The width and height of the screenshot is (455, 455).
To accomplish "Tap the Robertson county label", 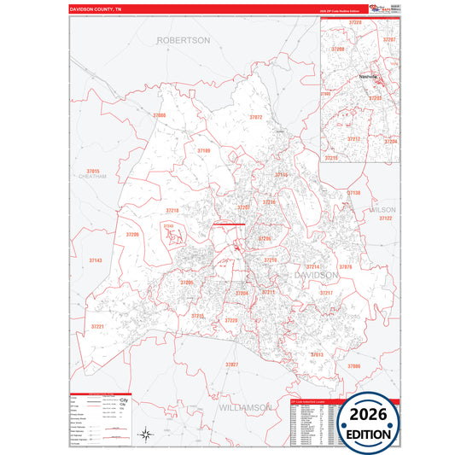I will (183, 40).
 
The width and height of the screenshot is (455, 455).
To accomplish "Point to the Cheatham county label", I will (92, 177).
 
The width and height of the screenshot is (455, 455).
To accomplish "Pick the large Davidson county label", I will (317, 276).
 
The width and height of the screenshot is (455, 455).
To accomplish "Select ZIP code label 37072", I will (255, 117).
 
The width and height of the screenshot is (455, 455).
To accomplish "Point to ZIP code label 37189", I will (203, 150).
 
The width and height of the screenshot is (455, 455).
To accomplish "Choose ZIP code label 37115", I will (282, 174).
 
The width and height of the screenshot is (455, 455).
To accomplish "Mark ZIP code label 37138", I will (353, 193).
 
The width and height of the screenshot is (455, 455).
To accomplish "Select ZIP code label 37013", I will (317, 354).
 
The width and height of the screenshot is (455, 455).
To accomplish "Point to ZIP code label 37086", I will (353, 365).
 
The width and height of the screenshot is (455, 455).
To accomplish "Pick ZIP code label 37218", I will (172, 210).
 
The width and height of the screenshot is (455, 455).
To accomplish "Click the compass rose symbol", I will (146, 434).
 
